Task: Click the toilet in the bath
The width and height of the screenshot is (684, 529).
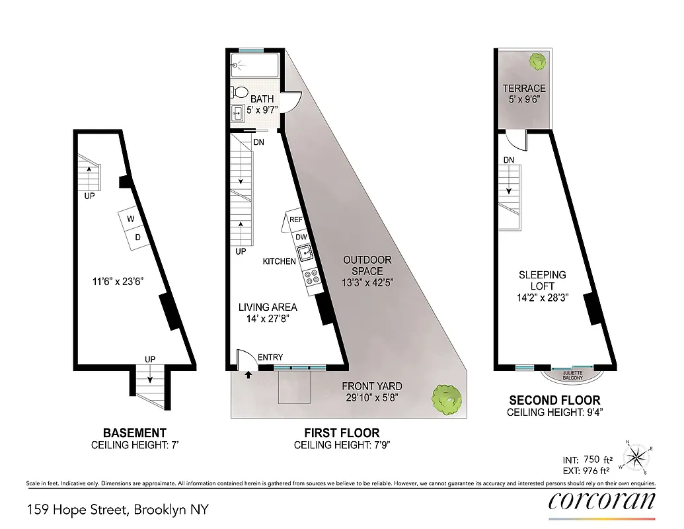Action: (241, 93)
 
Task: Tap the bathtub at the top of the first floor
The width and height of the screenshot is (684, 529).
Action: (255, 65)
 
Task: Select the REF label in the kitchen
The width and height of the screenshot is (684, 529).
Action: (295, 220)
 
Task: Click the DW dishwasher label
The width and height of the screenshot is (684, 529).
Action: (301, 237)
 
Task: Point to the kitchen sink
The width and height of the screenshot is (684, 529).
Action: (305, 253)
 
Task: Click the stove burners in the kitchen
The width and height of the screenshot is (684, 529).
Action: (312, 277)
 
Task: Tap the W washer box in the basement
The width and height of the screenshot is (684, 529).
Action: (131, 220)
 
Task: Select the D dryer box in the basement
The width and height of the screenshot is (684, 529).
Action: (138, 237)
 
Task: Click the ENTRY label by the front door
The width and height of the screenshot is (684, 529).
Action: (270, 358)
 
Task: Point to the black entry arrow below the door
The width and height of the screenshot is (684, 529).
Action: (248, 374)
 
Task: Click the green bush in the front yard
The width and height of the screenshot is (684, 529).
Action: (445, 399)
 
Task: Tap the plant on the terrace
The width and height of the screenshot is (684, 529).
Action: (537, 61)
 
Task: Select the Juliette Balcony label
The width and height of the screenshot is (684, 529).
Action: (572, 376)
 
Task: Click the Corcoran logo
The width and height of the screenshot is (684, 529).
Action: (601, 501)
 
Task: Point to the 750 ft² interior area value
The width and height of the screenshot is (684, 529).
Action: (603, 459)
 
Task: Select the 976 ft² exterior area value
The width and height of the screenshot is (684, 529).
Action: (603, 470)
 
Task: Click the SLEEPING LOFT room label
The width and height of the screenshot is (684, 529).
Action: (542, 280)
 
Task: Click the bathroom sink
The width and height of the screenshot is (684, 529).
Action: (238, 113)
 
